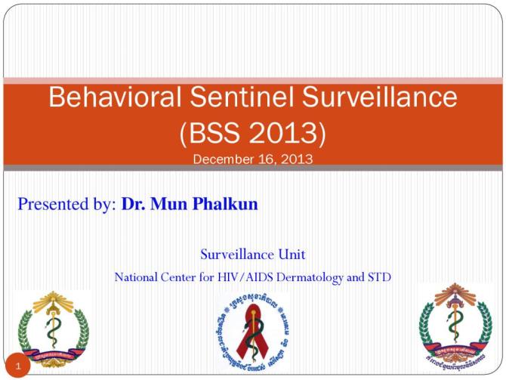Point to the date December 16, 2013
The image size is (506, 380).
252,159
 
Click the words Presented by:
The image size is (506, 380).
66,204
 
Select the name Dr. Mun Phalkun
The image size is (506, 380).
189,204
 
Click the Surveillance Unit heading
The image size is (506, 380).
252,254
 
